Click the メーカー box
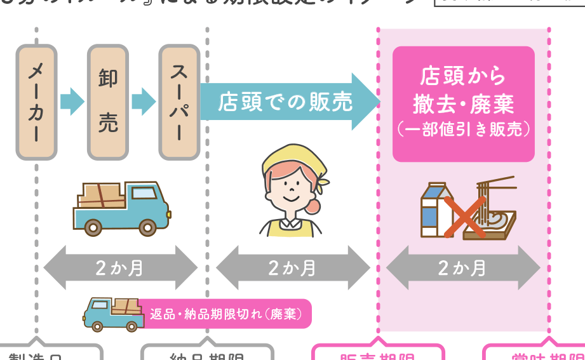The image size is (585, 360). [36, 102]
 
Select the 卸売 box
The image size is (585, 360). [107, 102]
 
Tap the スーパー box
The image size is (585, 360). [179, 102]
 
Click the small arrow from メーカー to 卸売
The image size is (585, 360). [72, 101]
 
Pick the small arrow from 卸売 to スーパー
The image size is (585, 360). [144, 101]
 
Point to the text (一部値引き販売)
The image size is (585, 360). [463, 130]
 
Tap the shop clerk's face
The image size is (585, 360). [292, 187]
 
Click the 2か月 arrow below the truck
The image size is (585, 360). [121, 268]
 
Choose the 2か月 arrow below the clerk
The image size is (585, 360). [293, 268]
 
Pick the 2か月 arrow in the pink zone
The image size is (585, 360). [463, 268]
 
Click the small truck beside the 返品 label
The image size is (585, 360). [112, 313]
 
